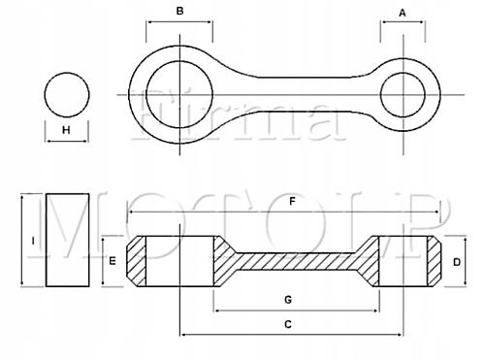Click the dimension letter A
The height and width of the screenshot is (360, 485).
tap(404, 13)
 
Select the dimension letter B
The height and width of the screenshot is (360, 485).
tap(178, 13)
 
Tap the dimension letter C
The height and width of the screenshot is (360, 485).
tap(288, 324)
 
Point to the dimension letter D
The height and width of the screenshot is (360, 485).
tap(456, 262)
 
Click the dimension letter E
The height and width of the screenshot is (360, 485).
tap(113, 262)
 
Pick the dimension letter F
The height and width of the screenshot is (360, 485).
tap(291, 202)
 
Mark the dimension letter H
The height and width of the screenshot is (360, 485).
tap(66, 130)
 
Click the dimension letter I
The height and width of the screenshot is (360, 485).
tap(33, 240)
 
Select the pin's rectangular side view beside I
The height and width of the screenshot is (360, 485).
tap(67, 240)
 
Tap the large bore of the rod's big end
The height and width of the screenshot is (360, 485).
tap(178, 94)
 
